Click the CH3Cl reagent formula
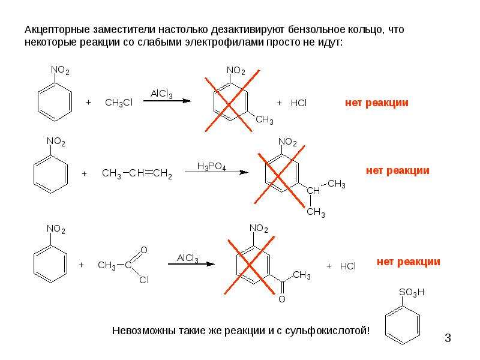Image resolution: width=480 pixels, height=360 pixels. [118, 103]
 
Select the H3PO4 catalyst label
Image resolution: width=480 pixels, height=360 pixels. [211, 167]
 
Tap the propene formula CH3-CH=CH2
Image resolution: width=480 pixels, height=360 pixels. [137, 173]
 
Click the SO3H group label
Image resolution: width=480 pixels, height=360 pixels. [412, 293]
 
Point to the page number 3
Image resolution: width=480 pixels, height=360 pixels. [448, 338]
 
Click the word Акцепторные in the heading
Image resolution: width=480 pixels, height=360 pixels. [57, 30]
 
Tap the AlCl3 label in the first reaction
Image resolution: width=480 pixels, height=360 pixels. [161, 94]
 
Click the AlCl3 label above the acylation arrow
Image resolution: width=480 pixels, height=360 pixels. [187, 258]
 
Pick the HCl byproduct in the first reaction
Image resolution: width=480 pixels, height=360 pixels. [298, 103]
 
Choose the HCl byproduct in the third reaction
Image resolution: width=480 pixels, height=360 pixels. [348, 266]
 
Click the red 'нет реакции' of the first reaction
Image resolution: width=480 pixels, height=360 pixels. [377, 103]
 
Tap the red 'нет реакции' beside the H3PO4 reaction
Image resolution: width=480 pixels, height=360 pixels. [398, 170]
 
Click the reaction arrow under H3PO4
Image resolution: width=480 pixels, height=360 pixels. [216, 172]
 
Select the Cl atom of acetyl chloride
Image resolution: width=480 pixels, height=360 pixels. [144, 280]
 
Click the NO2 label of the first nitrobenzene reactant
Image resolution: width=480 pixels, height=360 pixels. [60, 70]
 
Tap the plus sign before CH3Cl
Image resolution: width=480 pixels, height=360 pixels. [88, 102]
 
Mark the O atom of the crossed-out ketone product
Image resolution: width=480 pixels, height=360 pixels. [282, 299]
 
